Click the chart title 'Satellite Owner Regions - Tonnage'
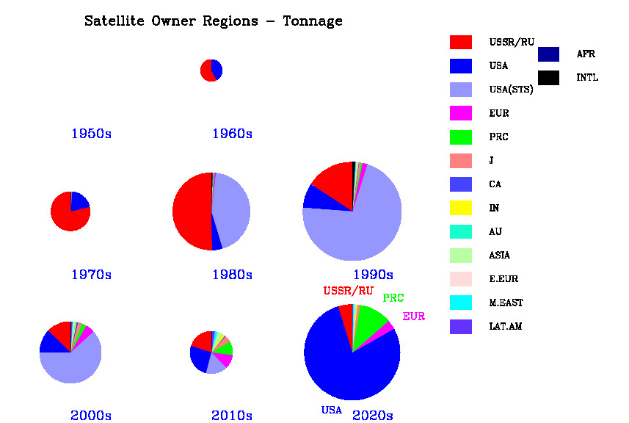coord(213,21)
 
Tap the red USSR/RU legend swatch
coord(461,42)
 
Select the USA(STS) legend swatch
coord(461,90)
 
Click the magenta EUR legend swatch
coord(461,113)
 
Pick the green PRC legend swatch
coord(461,137)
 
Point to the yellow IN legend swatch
coord(461,208)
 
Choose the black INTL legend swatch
coord(548,77)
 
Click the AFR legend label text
coord(586,54)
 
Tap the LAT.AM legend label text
coord(506,326)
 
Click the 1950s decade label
coord(91,134)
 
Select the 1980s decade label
coord(232,275)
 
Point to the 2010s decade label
coord(232,416)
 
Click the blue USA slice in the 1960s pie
coord(217,70)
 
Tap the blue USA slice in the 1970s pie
coord(79,201)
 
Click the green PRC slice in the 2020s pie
coord(370,320)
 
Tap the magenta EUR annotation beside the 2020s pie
coord(413,317)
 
